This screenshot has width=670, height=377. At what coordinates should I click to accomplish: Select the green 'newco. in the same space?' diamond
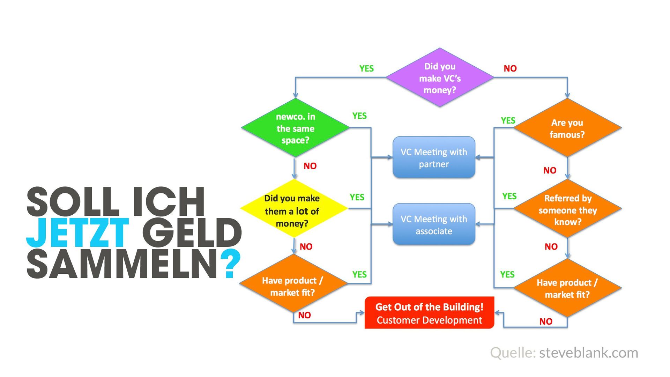pos(295,128)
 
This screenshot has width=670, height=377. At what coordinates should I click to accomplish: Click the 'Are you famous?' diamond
pos(567,128)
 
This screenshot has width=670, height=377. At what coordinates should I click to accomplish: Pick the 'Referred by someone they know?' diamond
pos(567,209)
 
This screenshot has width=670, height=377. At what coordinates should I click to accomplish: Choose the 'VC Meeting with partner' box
pos(434,157)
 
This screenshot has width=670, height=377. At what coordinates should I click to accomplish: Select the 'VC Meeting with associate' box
pos(434,224)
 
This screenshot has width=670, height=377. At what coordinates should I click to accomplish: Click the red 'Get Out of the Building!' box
pos(429,313)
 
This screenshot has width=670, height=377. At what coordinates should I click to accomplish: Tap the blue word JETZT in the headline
pos(77,232)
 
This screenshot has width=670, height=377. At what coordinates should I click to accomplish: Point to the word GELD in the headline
pos(192,232)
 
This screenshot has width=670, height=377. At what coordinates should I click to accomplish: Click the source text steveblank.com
pos(588,353)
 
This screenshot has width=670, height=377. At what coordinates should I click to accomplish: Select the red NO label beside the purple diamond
pos(510,69)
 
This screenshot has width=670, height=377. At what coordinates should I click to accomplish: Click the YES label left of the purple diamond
pos(366,69)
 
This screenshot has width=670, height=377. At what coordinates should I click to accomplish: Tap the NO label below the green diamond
pos(310,166)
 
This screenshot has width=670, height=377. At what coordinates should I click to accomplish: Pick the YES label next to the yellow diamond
pos(357,198)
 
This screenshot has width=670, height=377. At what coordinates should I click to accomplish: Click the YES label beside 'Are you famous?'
pos(508,121)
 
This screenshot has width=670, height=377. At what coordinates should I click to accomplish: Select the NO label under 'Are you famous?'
pos(550,171)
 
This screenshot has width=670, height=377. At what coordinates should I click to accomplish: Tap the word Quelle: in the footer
pos(513,353)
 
